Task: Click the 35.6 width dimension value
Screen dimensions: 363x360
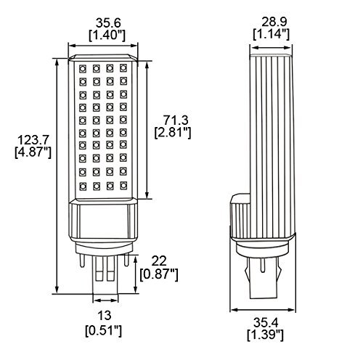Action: (x=108, y=23)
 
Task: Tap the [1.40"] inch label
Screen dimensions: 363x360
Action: (x=107, y=36)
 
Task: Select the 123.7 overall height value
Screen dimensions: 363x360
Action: (x=33, y=140)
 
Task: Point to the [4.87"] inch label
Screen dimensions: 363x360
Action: (x=33, y=152)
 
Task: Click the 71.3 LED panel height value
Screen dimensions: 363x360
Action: (x=176, y=120)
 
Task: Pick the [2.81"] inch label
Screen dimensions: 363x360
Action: (x=173, y=133)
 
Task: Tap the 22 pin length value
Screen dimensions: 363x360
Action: (x=159, y=261)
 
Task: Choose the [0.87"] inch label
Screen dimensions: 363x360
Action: (x=159, y=274)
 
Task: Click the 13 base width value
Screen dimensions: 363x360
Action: (x=105, y=316)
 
